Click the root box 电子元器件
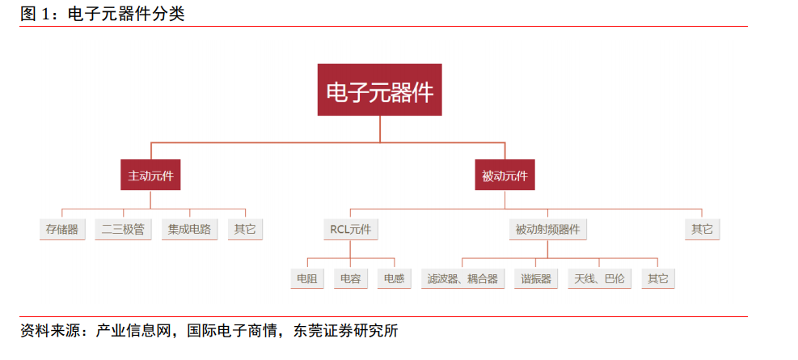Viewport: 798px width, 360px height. [x=380, y=90]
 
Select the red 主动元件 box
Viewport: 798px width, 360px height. [x=150, y=176]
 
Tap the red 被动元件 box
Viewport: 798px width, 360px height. [x=505, y=176]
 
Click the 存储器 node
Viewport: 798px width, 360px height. [x=62, y=229]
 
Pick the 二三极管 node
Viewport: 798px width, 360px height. [x=123, y=229]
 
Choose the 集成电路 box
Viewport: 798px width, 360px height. [x=190, y=229]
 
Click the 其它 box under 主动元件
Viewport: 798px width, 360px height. [x=245, y=229]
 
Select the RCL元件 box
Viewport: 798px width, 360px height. [x=351, y=229]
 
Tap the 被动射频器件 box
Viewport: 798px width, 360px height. [x=547, y=229]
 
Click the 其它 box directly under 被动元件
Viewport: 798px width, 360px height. [x=703, y=229]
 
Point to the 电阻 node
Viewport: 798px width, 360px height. [x=307, y=278]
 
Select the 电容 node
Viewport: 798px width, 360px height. [x=351, y=278]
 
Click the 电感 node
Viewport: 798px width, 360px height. [x=395, y=278]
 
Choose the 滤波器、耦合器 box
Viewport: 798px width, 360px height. [x=462, y=278]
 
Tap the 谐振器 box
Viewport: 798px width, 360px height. [x=536, y=278]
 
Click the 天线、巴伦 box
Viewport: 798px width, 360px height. [x=600, y=278]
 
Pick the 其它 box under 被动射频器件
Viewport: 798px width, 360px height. [x=658, y=278]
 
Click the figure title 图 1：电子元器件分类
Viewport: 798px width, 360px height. [x=103, y=14]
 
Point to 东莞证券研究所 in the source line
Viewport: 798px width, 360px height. [x=345, y=331]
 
